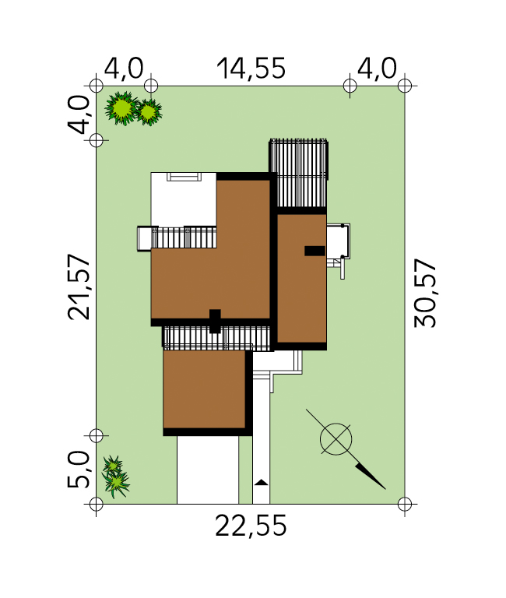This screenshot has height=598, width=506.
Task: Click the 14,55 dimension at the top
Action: (x=251, y=69)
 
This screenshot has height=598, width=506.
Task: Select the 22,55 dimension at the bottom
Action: (x=251, y=526)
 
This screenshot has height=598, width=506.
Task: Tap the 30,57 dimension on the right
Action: (x=425, y=293)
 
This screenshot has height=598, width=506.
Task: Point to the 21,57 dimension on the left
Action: (x=79, y=287)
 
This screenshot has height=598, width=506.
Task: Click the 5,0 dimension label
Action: (x=79, y=470)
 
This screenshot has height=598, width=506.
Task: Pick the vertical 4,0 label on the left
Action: (x=79, y=114)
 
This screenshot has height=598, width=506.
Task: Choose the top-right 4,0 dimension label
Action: (x=377, y=69)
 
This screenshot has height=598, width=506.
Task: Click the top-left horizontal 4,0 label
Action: (x=124, y=69)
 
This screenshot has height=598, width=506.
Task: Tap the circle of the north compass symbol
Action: (x=336, y=439)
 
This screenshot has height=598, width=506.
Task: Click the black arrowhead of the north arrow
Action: (x=370, y=476)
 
